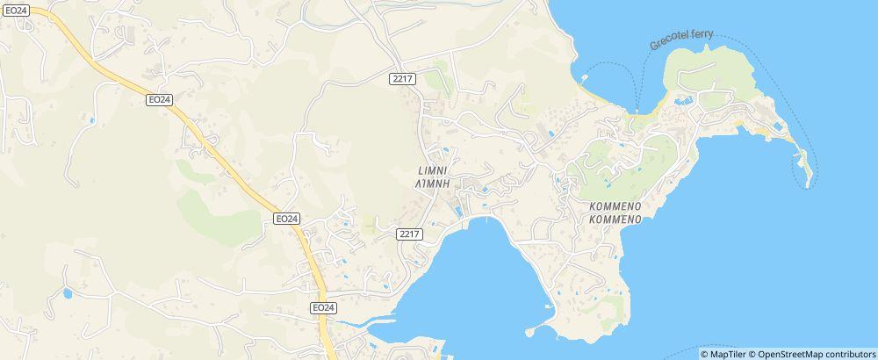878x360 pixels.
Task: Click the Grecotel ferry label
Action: (682, 40)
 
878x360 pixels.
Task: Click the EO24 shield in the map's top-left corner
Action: (17, 10)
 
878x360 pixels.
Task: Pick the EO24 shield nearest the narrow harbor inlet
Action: (323, 307)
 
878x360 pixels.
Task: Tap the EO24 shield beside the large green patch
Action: (286, 218)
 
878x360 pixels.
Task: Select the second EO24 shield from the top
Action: (159, 100)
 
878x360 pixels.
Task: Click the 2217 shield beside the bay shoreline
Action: (410, 234)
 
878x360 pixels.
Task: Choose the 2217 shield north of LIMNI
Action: (403, 79)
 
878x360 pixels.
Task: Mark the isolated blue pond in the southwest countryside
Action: (67, 293)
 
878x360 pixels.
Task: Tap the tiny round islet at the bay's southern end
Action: (529, 333)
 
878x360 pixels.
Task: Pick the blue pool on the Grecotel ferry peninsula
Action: (681, 102)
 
